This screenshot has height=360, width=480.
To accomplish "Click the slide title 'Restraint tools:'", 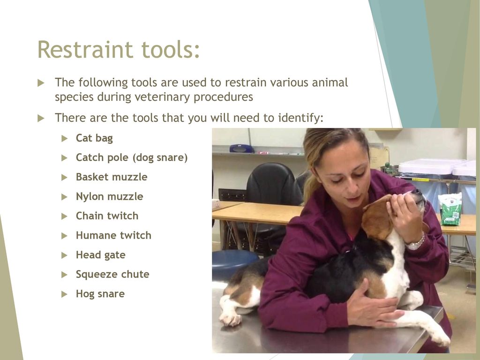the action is [x=119, y=49].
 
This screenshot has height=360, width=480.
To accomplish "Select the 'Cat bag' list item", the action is [x=94, y=138].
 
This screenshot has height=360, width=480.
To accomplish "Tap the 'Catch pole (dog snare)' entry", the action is [x=132, y=157].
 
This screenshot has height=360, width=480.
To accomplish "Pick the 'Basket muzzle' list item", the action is [x=112, y=177].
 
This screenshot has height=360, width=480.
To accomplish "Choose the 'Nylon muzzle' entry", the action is [x=110, y=196].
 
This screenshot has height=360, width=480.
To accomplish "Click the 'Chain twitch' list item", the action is [x=107, y=216].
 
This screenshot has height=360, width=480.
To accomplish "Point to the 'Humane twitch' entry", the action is [x=113, y=235].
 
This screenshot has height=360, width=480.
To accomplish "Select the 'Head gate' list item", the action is [x=101, y=255].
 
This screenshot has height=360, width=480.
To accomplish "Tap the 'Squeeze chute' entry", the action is [x=112, y=274].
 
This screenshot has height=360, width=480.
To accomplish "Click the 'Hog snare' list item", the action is [x=100, y=294].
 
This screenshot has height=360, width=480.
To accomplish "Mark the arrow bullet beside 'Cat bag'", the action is [x=64, y=138].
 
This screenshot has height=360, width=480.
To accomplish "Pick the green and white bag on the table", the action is [x=450, y=210].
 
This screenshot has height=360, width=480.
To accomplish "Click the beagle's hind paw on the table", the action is [x=230, y=319].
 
